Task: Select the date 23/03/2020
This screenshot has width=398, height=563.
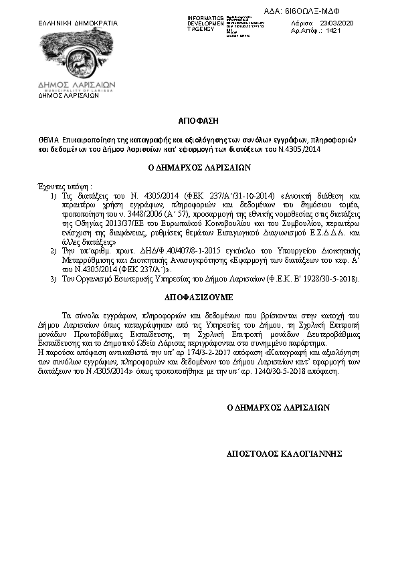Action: tap(338, 23)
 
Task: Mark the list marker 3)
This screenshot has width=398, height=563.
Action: tap(54, 277)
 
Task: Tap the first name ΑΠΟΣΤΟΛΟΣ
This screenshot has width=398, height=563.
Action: tap(250, 453)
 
